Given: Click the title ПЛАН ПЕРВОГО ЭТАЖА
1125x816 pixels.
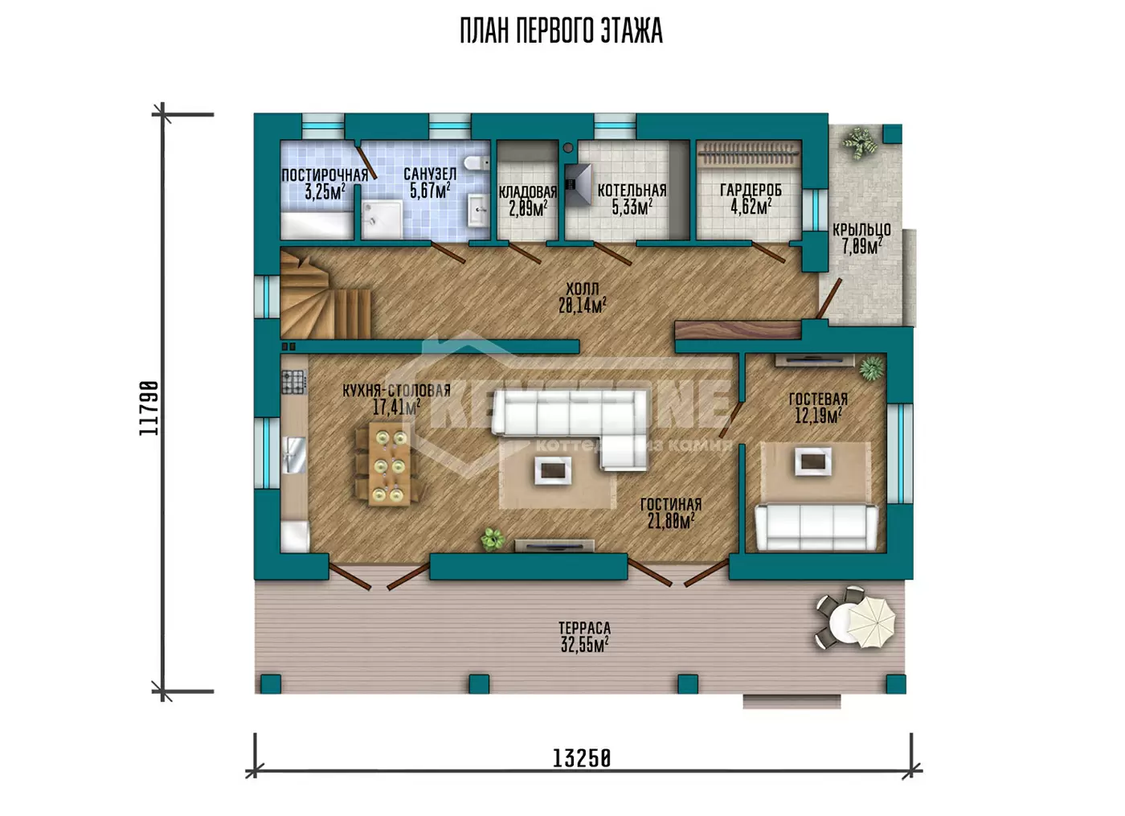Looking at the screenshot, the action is tap(561, 31).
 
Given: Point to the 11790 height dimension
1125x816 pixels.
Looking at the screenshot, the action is tap(149, 408).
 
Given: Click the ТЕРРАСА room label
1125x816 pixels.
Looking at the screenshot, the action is tap(585, 628).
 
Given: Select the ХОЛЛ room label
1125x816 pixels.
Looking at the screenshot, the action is tap(583, 289).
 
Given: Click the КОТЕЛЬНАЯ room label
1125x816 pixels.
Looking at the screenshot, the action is tap(632, 191).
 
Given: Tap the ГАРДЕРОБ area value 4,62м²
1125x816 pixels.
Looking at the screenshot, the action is tap(751, 207).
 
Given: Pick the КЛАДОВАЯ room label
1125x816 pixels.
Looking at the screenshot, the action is tap(528, 192).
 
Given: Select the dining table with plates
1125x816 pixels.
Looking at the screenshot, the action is tap(389, 463).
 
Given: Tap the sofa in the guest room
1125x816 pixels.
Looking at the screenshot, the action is tap(816, 527).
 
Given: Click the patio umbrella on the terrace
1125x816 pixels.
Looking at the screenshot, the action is tap(871, 623).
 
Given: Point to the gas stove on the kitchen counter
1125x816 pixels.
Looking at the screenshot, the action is tap(294, 382).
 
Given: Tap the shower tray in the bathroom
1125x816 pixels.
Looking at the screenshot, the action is tap(382, 219).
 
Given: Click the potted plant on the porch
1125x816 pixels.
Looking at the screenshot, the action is tap(861, 142).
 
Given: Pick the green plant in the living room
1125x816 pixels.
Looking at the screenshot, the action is tap(493, 539).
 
